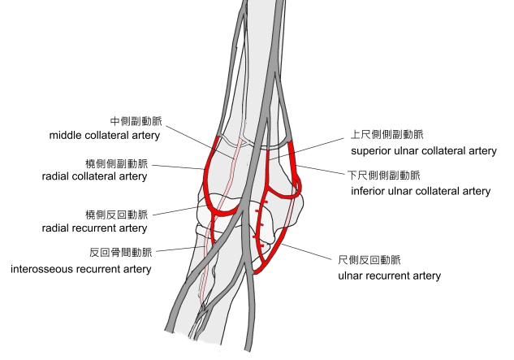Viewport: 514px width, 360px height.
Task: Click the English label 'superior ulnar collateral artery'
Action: click(423, 151)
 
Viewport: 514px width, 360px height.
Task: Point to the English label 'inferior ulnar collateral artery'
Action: click(419, 192)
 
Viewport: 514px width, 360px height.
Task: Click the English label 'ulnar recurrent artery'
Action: click(389, 275)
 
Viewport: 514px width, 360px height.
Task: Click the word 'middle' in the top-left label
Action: click(66, 135)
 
